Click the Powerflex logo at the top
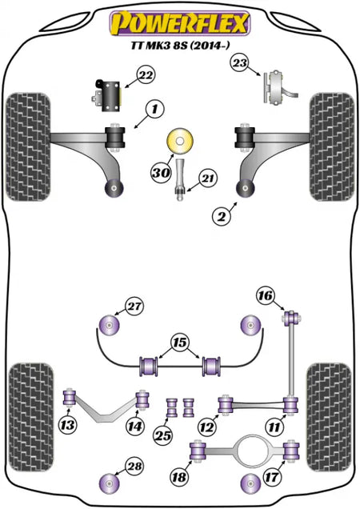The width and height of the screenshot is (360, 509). point(180,23)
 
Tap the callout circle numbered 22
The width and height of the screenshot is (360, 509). point(146,75)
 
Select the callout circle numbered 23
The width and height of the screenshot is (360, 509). point(240,63)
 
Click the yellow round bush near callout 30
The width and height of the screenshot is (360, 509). point(179,141)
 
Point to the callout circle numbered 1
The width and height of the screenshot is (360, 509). point(155,110)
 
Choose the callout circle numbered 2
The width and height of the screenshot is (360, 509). point(222,216)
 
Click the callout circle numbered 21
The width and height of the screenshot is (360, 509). point(208,178)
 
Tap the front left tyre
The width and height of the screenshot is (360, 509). point(29,146)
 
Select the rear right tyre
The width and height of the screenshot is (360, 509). point(329,417)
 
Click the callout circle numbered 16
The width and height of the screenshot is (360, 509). point(266,296)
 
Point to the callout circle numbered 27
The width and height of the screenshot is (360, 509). point(134,307)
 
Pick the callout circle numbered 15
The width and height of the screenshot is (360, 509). point(180,343)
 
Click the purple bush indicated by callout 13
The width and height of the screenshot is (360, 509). point(69,398)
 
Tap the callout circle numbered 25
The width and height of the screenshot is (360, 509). point(163,435)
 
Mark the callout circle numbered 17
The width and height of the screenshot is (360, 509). point(272,477)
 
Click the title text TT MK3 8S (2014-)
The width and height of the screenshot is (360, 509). point(180,46)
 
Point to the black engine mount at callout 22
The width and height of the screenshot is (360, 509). point(108,96)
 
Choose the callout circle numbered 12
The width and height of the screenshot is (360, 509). point(206,427)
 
